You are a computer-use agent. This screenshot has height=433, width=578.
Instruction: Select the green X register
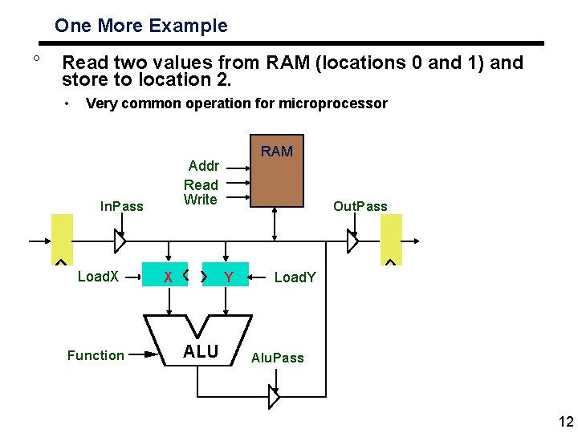[166, 277]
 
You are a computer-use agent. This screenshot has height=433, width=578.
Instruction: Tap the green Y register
[226, 277]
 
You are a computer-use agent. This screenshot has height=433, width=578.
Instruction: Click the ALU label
[200, 351]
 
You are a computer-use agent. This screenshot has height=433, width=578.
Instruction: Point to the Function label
[96, 355]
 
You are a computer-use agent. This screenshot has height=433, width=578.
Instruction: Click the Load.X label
[98, 277]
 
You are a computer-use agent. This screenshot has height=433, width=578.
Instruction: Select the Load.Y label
[295, 277]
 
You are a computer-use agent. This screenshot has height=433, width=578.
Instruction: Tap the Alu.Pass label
[278, 358]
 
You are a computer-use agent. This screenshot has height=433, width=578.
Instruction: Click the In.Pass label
[121, 206]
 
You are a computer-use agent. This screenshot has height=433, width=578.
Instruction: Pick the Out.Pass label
[360, 206]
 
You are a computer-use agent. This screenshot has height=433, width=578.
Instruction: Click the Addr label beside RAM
[203, 166]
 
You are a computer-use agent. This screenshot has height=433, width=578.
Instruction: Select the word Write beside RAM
[200, 200]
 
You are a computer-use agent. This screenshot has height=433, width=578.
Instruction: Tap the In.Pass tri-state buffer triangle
[120, 241]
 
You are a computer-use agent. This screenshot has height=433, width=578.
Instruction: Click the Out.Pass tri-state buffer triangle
[352, 241]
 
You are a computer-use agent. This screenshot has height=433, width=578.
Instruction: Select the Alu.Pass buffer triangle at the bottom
[274, 396]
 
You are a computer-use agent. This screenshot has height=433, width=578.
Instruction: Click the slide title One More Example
[140, 26]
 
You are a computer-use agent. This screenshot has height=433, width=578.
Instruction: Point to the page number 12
[564, 422]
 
